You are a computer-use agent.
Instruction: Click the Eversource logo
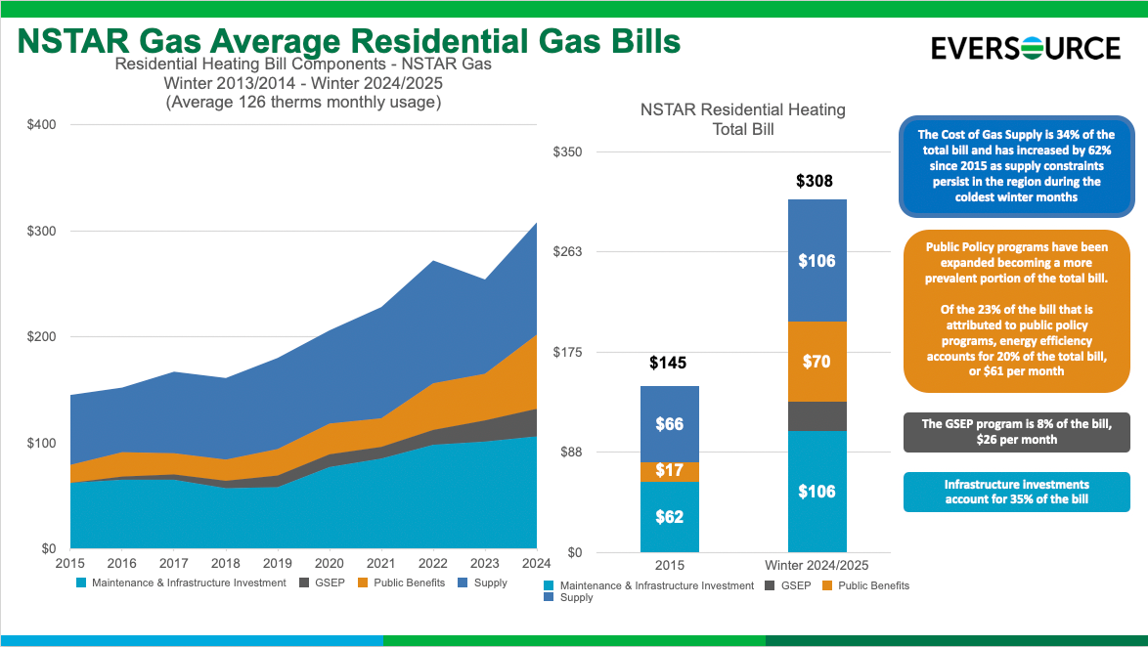coord(1026,48)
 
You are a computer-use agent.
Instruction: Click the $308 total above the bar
coord(817,181)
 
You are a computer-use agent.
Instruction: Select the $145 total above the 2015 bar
coord(669,363)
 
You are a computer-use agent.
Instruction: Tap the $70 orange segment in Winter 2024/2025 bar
coord(817,362)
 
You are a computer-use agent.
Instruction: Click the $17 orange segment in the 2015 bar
coord(669,471)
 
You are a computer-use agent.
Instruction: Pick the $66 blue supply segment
coord(669,424)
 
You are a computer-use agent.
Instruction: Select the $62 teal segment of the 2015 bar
coord(669,517)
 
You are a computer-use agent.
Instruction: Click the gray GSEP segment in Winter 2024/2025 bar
coord(817,416)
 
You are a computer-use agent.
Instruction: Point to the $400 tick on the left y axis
coord(42,125)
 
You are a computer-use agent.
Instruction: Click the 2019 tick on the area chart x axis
coord(278,564)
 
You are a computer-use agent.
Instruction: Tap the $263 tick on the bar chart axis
coord(568,252)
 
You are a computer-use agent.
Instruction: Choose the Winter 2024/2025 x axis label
coord(817,566)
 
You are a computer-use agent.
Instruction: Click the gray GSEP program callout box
coord(1016,432)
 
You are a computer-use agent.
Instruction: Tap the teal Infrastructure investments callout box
coord(1016,492)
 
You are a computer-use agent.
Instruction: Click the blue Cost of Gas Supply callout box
coord(1016,165)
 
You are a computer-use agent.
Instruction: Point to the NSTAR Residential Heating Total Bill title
coord(742,119)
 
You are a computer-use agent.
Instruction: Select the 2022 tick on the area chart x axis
coord(433,564)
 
